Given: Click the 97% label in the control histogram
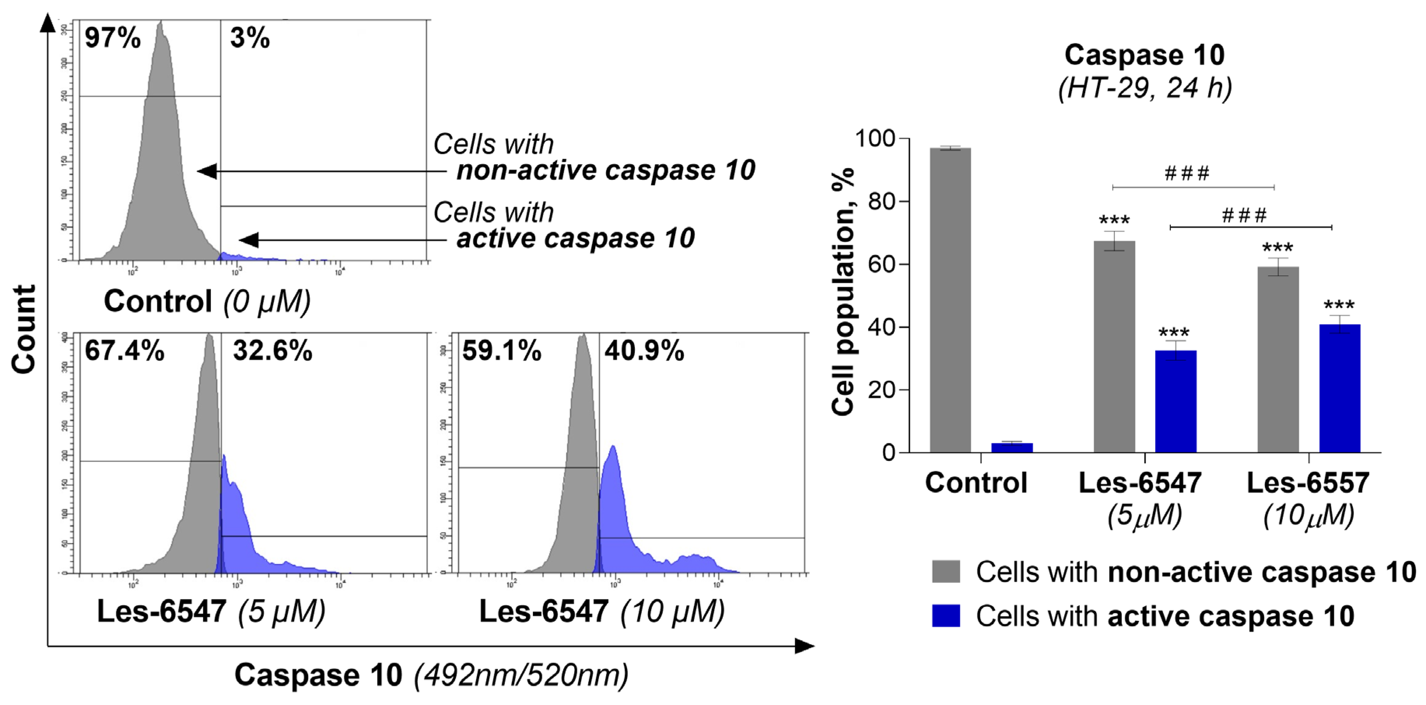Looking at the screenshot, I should pos(112,38).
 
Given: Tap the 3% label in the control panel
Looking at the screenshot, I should pos(250,38).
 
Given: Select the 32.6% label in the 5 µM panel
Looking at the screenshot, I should pos(272,351).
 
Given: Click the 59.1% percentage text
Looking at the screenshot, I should pos(501,351).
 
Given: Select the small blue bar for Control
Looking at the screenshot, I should pos(1011,447).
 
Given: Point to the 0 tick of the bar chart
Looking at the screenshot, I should pos(888,452).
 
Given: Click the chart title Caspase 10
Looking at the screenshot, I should pos(1144,55).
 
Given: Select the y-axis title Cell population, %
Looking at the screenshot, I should pos(843,291).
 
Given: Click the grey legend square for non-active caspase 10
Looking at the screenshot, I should pos(946,571).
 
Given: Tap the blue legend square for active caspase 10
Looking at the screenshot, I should pos(946,615).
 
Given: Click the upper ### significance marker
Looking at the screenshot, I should pos(1187,174).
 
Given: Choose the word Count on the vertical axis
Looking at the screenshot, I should pos(25,329).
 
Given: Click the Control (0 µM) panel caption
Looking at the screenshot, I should pos(207,301).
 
